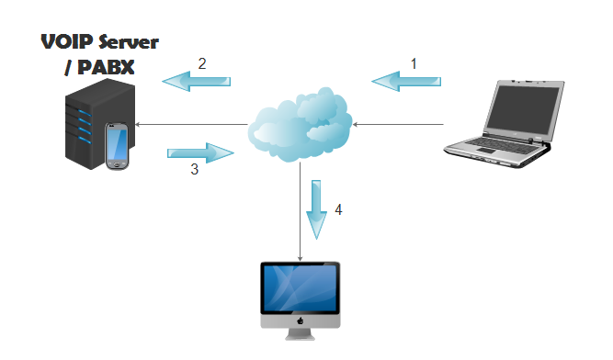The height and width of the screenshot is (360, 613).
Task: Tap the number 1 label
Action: [414, 64]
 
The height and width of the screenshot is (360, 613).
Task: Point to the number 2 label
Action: [201, 63]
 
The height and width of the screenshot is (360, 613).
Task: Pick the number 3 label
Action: [194, 169]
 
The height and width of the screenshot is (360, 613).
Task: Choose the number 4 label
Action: [338, 210]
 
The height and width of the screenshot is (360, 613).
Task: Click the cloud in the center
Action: [300, 125]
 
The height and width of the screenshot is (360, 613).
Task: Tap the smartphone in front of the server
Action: [118, 147]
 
